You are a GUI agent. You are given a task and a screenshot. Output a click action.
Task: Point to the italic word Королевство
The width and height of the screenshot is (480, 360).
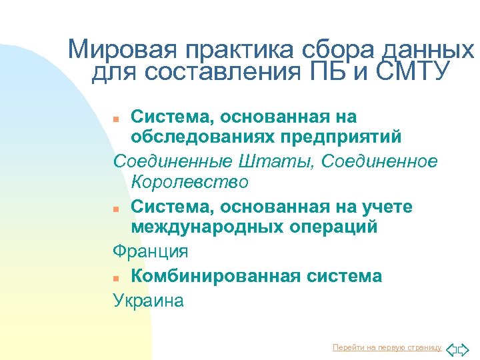190,182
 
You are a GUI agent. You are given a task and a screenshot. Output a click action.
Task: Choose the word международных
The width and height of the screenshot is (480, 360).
213,227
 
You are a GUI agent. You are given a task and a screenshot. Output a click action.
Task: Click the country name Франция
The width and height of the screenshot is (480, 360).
151,252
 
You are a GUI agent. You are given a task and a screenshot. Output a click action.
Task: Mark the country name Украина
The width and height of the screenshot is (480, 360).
149,301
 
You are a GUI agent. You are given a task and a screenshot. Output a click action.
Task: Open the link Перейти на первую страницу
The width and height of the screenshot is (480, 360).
387,348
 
